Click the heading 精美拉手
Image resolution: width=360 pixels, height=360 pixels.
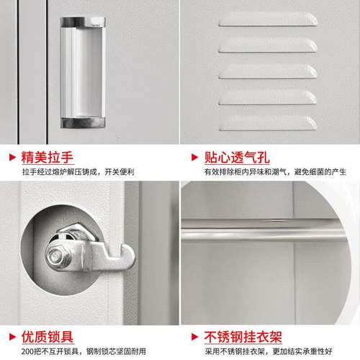click(44, 157)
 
